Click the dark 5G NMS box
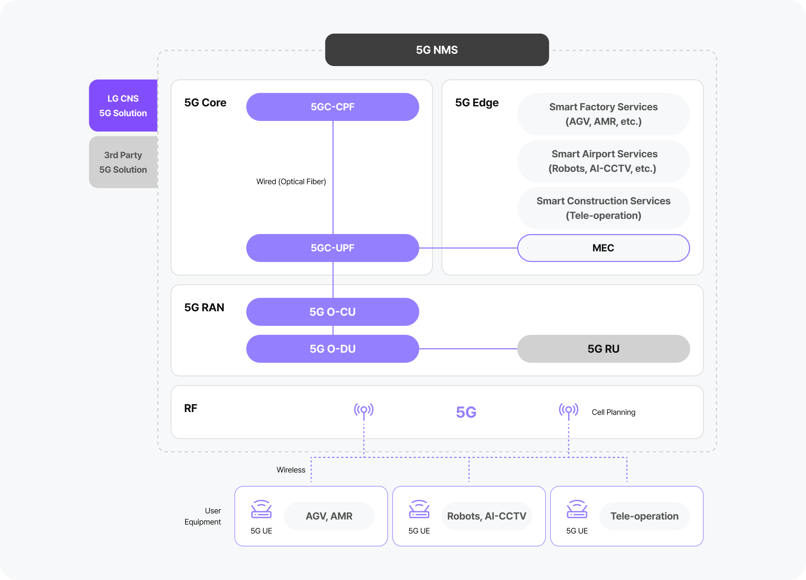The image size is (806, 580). (437, 50)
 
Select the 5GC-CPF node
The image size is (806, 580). (332, 107)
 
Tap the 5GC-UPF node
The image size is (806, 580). (332, 248)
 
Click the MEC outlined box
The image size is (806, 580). (603, 248)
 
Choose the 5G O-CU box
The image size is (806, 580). (332, 312)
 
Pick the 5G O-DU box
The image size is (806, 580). (332, 349)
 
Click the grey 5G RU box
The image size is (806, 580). (603, 349)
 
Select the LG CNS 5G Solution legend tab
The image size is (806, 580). (123, 106)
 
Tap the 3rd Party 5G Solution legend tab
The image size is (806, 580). (123, 162)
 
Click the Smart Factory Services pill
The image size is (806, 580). (603, 114)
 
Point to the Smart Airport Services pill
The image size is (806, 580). (603, 161)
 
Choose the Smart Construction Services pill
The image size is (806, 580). (603, 208)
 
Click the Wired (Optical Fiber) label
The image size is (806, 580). (291, 182)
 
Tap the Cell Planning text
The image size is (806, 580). (613, 412)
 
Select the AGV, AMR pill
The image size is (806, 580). (329, 516)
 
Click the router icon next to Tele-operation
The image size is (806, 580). (577, 509)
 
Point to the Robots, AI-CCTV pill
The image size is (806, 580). (487, 516)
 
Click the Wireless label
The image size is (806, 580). (291, 470)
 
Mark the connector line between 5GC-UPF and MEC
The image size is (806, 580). (468, 248)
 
